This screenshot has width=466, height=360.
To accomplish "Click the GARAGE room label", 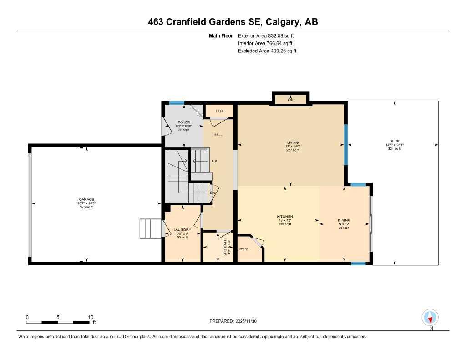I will (x=86, y=199).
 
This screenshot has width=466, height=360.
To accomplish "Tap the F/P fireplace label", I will (x=290, y=99).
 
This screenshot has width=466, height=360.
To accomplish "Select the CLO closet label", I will (x=219, y=111).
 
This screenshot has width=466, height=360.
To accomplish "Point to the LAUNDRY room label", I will (x=182, y=230).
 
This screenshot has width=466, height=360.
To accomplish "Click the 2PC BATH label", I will (x=225, y=247).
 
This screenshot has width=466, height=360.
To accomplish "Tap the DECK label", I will (x=394, y=141).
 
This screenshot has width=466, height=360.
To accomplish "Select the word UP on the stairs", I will (x=214, y=161).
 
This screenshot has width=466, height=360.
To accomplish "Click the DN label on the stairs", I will (x=212, y=193).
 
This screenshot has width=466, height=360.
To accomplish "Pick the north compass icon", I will (x=430, y=317).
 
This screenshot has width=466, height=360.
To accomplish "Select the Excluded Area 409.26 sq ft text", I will (x=267, y=51).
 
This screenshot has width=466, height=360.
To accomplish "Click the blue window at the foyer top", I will (x=177, y=103).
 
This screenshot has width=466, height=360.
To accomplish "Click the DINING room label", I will (x=344, y=220).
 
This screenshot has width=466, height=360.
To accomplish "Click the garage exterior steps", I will (x=151, y=228).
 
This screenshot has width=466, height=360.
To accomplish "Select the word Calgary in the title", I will (x=281, y=22).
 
